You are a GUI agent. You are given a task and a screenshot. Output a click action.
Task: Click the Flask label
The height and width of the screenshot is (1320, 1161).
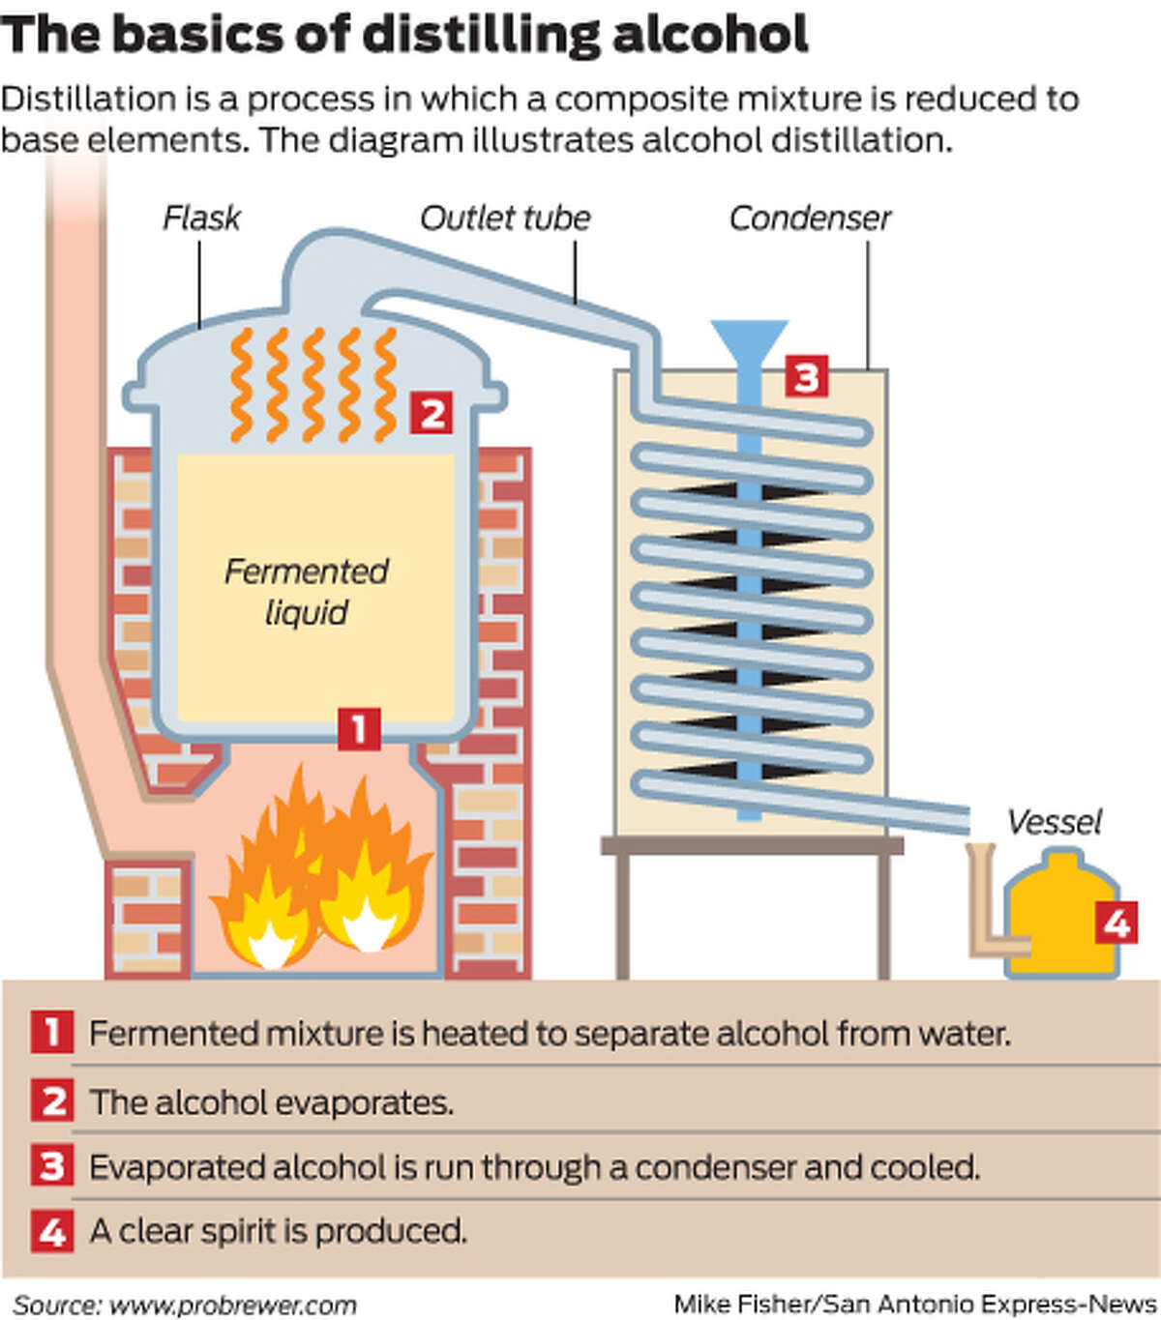coord(201,219)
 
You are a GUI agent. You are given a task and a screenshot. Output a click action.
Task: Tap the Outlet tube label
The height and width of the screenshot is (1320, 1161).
coord(505,219)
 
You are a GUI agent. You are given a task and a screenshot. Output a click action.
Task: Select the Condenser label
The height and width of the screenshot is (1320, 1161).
coord(809,219)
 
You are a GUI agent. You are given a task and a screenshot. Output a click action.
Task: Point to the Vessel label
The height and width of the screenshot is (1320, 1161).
coord(1054,822)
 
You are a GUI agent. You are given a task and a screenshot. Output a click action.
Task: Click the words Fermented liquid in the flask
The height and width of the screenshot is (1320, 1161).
coord(307,591)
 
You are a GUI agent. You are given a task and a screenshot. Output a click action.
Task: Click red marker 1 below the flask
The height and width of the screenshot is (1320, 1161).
coord(359,729)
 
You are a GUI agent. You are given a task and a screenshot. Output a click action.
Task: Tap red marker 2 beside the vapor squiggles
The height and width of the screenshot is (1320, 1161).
coord(432,414)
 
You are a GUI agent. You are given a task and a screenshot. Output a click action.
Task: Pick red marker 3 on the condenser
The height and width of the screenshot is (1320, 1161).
coord(806,376)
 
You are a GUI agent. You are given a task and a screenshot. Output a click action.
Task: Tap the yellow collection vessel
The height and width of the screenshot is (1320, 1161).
coord(1055,919)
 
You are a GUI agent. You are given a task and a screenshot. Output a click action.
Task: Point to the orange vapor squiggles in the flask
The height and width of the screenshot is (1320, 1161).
coord(312,385)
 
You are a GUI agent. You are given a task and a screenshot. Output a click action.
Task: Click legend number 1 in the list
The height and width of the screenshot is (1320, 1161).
coord(51,1033)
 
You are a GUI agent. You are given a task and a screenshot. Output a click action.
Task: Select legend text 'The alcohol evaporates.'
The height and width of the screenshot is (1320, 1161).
coord(271,1102)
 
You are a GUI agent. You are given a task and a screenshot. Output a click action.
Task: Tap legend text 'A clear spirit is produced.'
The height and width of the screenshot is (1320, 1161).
coord(278,1231)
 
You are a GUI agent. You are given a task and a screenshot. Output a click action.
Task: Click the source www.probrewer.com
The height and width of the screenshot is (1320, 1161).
coord(232,1305)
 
